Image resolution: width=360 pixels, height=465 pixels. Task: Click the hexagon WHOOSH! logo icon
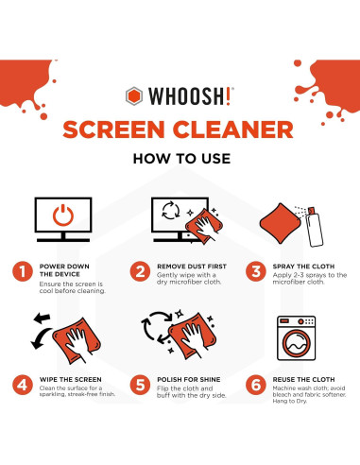click(136, 95)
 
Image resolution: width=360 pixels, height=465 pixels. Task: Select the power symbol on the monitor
click(62, 216)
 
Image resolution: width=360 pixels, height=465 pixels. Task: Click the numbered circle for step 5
click(139, 386)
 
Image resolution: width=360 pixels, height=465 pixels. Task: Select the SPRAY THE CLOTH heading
click(300, 267)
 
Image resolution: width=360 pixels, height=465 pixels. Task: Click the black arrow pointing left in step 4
click(40, 337)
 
